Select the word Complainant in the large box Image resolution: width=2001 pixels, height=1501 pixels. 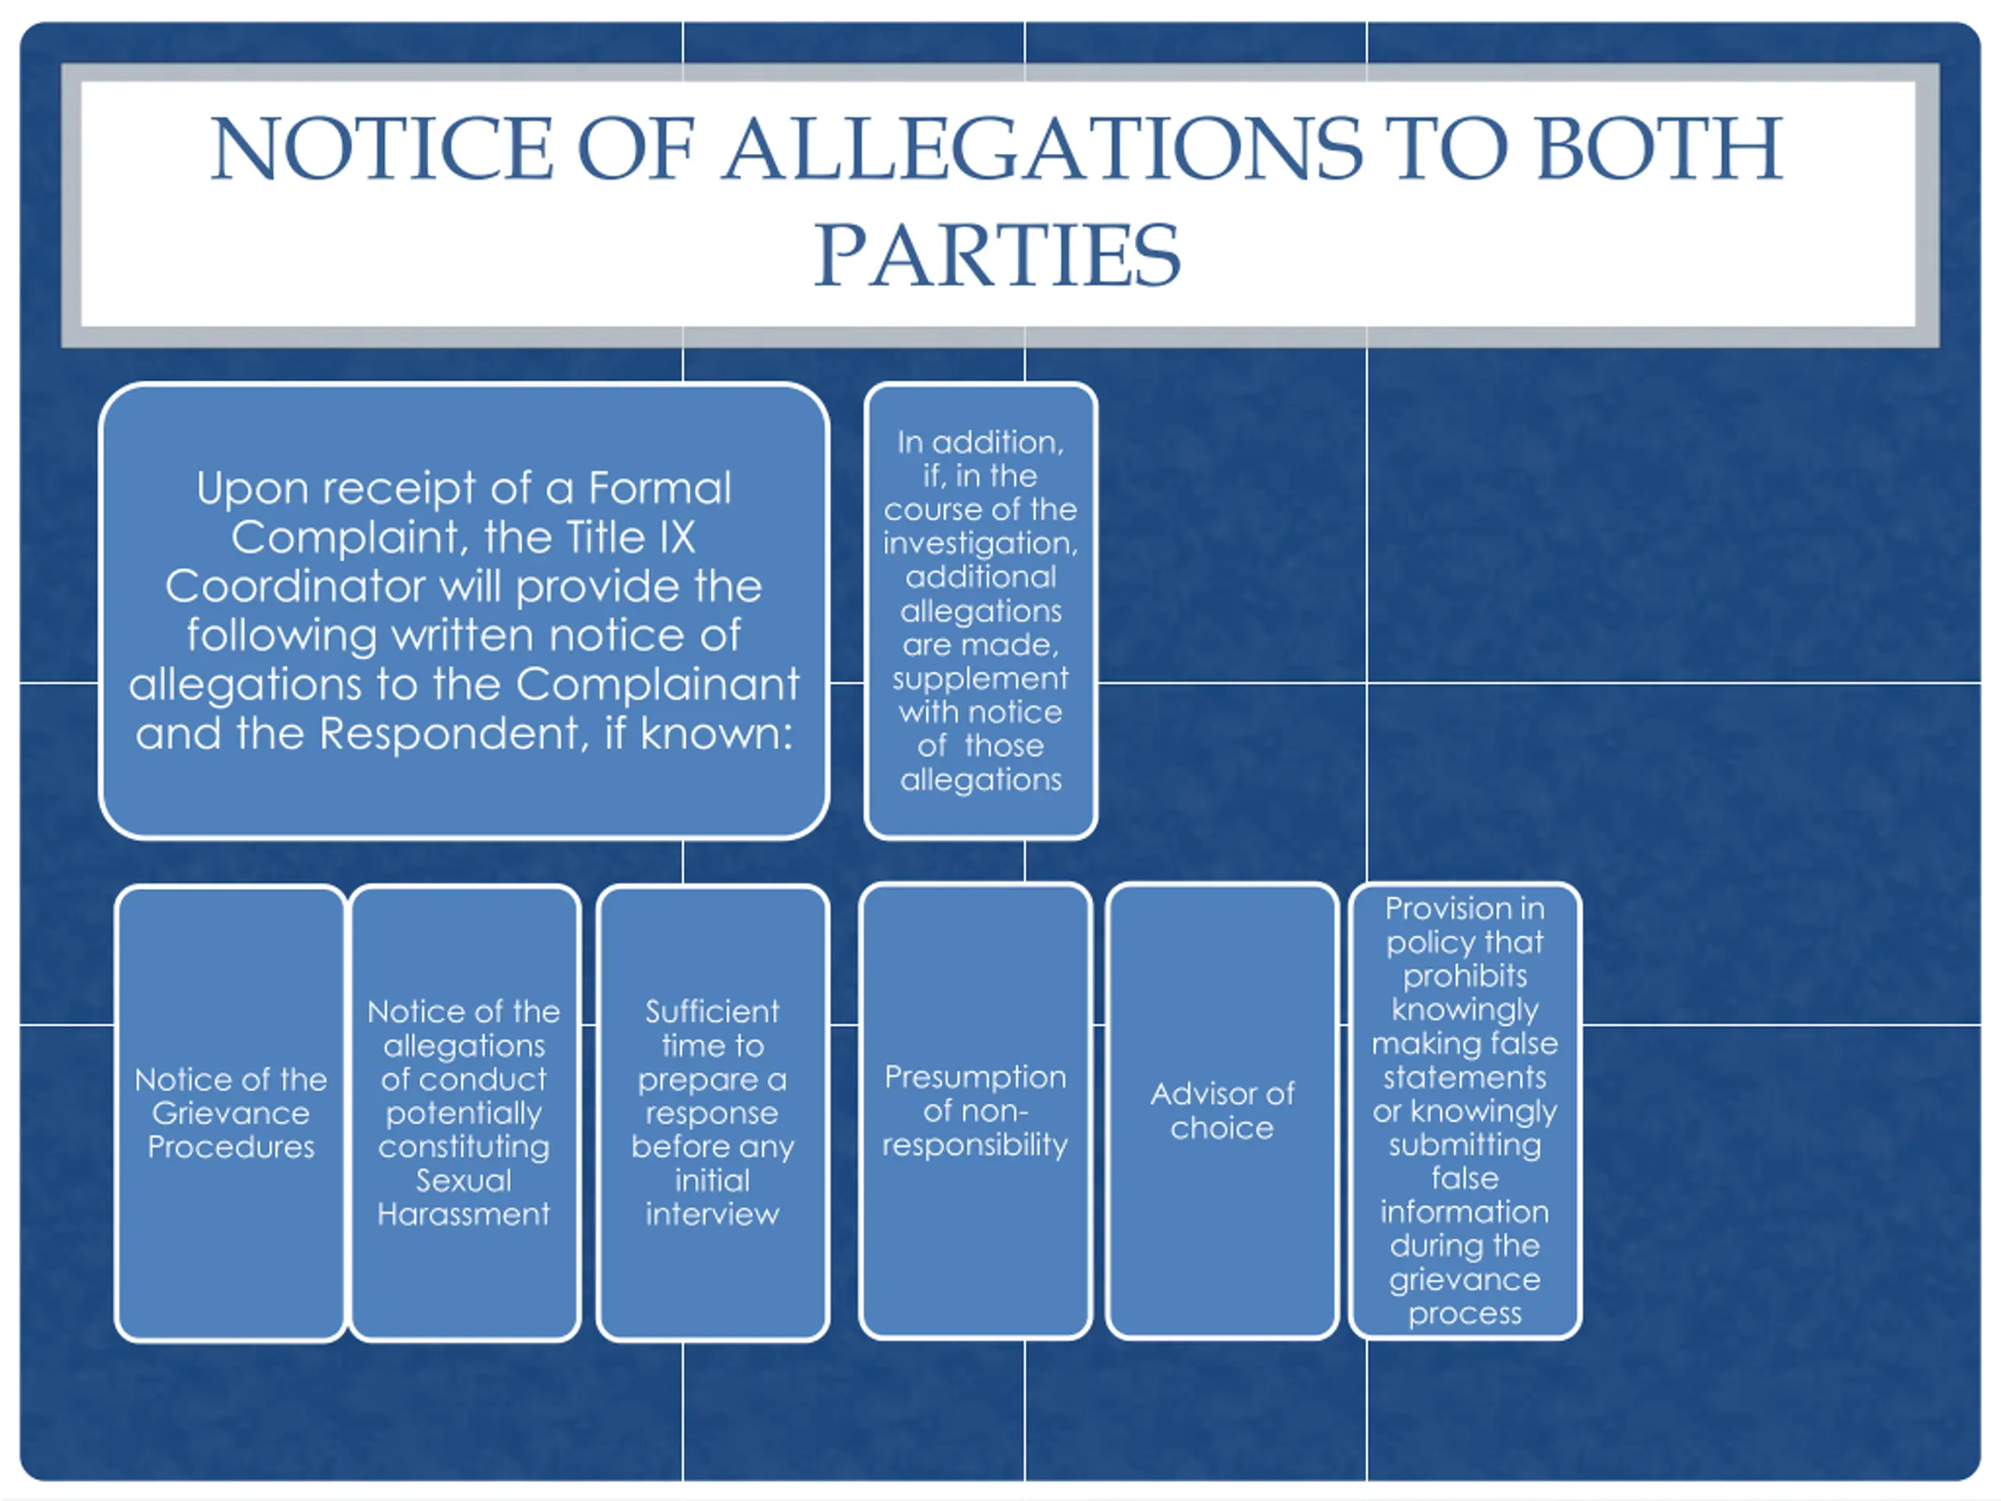[657, 684]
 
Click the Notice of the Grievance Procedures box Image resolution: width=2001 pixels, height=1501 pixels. [231, 1113]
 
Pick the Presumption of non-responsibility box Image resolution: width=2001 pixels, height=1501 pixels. [975, 1111]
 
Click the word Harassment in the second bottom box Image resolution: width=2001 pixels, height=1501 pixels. [464, 1214]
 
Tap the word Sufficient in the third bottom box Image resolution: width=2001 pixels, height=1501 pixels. [712, 1012]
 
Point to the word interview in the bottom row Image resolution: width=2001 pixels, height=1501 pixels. [712, 1214]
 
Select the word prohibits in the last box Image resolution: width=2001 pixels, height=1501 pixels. [1465, 976]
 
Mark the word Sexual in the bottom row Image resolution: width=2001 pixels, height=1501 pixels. [464, 1180]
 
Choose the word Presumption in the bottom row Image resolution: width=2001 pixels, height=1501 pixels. [975, 1077]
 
